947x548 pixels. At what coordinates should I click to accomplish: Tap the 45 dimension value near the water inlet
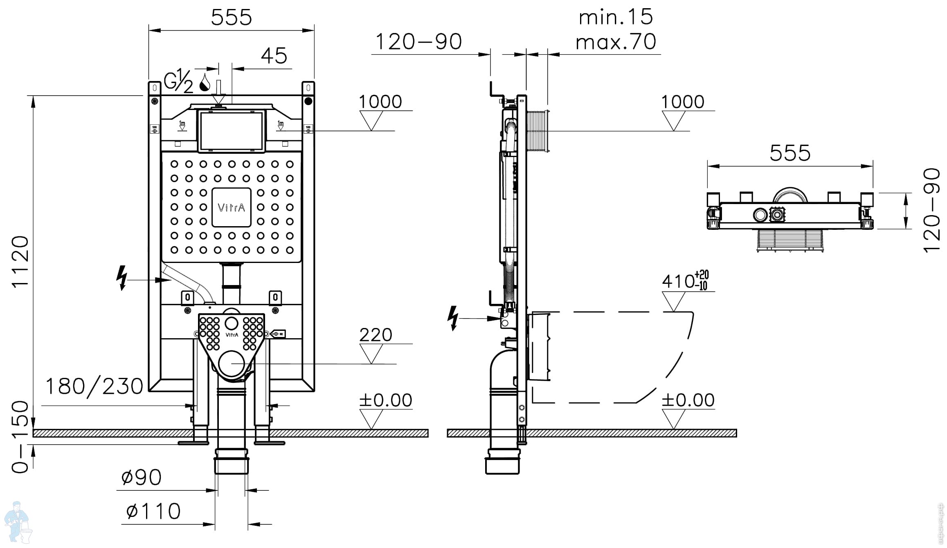tap(274, 56)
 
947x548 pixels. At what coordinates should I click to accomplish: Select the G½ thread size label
tap(178, 82)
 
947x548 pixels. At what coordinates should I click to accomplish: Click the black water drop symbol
tap(205, 83)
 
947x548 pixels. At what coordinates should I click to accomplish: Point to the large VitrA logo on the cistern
tap(232, 207)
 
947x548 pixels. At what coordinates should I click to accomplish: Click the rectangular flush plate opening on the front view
tap(231, 131)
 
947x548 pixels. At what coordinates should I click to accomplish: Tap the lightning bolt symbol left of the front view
tap(121, 278)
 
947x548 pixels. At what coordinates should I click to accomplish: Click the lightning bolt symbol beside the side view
tap(453, 318)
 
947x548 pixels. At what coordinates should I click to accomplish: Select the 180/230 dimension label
tap(94, 386)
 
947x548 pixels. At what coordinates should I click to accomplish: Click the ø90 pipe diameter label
tap(142, 477)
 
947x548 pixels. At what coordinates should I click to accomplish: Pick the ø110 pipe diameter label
tap(153, 511)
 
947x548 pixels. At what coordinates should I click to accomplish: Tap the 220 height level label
tap(376, 335)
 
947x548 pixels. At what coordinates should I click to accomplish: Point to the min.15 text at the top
tap(616, 17)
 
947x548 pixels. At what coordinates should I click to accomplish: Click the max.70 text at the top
tap(616, 42)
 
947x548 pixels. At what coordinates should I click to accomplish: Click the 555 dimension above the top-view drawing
tap(790, 153)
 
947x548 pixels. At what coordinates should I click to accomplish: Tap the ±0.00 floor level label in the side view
tap(688, 400)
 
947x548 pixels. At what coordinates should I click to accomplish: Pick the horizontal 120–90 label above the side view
tap(418, 42)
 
